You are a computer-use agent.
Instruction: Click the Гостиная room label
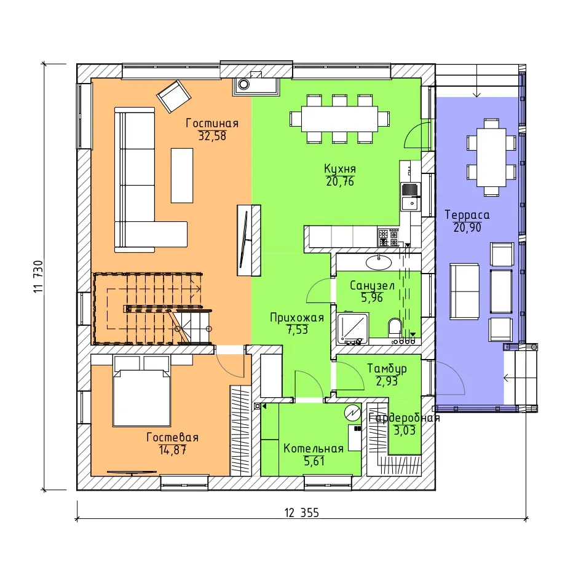pyautogui.click(x=212, y=123)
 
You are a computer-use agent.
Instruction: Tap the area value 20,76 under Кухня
pyautogui.click(x=340, y=181)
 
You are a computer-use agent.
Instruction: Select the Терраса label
pyautogui.click(x=467, y=215)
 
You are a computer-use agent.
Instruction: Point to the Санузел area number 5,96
pyautogui.click(x=372, y=298)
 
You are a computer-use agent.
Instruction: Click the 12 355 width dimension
pyautogui.click(x=302, y=513)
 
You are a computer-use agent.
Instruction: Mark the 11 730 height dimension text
pyautogui.click(x=39, y=277)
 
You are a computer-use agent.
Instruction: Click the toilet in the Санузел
pyautogui.click(x=395, y=327)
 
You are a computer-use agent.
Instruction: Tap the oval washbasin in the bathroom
pyautogui.click(x=379, y=263)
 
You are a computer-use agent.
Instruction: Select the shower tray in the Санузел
pyautogui.click(x=353, y=328)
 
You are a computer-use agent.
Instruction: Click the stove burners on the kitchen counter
pyautogui.click(x=389, y=237)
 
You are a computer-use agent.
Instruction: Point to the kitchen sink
pyautogui.click(x=411, y=196)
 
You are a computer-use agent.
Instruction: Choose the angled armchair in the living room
pyautogui.click(x=174, y=96)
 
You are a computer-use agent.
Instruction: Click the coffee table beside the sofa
pyautogui.click(x=182, y=176)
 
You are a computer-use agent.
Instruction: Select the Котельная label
pyautogui.click(x=314, y=448)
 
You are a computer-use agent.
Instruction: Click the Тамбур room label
pyautogui.click(x=387, y=368)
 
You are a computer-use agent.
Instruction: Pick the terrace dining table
pyautogui.click(x=491, y=157)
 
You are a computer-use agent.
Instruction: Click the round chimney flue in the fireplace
pyautogui.click(x=243, y=84)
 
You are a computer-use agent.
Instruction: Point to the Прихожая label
pyautogui.click(x=297, y=317)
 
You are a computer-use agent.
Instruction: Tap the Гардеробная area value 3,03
pyautogui.click(x=405, y=430)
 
